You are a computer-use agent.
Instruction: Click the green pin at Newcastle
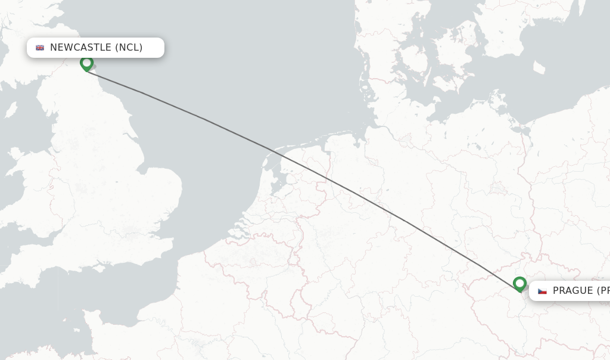(x=87, y=63)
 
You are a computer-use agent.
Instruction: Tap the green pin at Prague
(x=519, y=284)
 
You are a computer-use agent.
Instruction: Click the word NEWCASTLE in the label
(x=80, y=48)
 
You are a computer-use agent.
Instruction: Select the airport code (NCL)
(x=129, y=48)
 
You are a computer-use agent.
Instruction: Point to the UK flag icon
(x=40, y=48)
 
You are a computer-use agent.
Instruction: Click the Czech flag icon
(x=542, y=291)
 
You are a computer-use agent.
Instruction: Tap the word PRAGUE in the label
(x=572, y=291)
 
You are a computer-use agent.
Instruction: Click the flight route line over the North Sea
(x=203, y=118)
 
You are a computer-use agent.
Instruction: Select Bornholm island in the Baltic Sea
(x=540, y=68)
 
